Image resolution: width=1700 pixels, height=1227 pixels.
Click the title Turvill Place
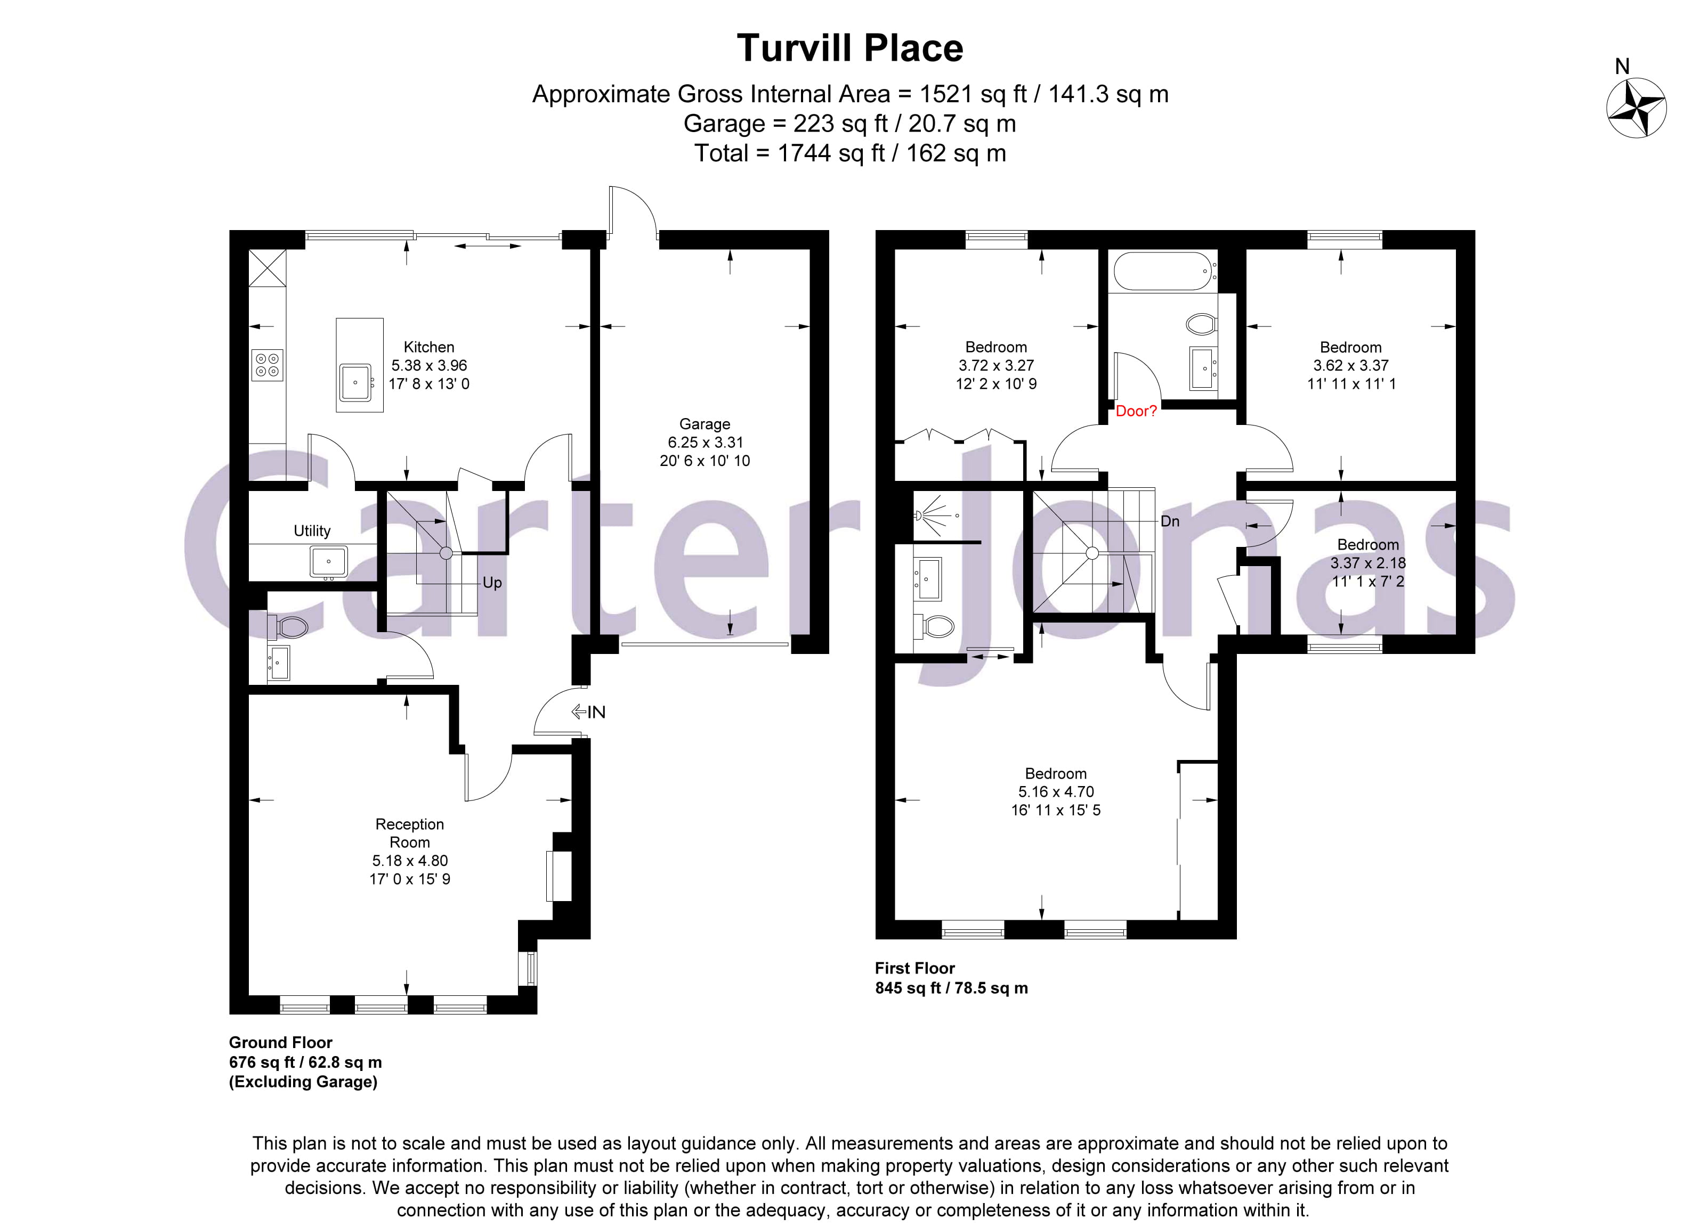pos(849,48)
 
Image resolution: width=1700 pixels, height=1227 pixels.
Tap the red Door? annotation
pos(1136,411)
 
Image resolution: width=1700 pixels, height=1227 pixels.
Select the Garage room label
pos(704,424)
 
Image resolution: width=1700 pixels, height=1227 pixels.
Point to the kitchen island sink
pos(355,382)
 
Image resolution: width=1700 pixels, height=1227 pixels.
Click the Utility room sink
pos(328,561)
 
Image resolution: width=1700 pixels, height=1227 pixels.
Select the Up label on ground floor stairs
pos(492,583)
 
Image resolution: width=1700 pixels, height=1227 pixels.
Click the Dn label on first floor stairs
pos(1169,521)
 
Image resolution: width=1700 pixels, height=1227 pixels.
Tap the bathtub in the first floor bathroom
pos(1161,271)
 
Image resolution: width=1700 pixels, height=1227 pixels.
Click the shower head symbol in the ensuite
pos(920,516)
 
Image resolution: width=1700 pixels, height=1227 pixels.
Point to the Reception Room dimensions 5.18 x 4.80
pos(409,861)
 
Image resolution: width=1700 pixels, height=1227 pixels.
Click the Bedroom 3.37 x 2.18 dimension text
pos(1367,562)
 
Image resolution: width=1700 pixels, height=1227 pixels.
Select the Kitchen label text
pos(429,347)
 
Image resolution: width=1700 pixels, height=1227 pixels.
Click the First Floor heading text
pos(914,968)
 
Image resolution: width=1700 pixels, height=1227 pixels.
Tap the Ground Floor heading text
pos(280,1042)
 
